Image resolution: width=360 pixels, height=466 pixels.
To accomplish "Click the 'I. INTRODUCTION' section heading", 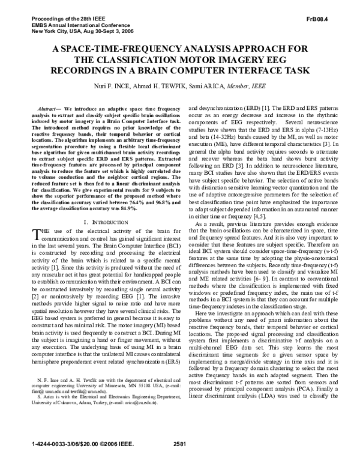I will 98,206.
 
